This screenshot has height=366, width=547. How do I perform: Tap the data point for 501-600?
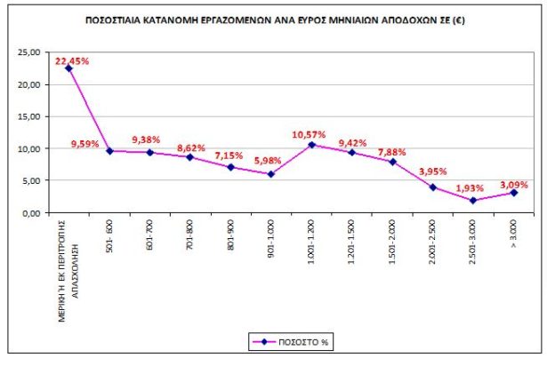[109, 151]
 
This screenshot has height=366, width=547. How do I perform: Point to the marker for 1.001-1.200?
[311, 145]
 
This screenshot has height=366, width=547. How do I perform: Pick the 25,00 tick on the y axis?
[30, 53]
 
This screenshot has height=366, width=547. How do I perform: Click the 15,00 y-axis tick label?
[30, 117]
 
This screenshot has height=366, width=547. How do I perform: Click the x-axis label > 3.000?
[514, 233]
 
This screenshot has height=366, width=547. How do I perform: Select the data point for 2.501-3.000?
[474, 201]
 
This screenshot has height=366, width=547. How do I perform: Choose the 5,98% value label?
[269, 160]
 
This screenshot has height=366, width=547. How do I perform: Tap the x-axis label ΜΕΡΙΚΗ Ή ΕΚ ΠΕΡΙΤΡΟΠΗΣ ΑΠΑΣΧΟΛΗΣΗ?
[68, 267]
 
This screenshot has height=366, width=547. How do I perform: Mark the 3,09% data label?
[519, 181]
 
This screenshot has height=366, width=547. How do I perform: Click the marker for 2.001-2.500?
[433, 187]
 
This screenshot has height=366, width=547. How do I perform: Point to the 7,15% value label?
[229, 154]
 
